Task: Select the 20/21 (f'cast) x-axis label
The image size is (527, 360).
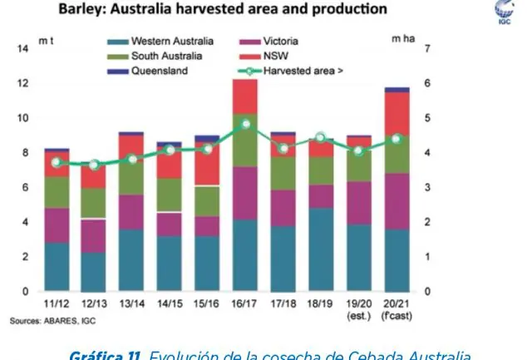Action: click(x=397, y=310)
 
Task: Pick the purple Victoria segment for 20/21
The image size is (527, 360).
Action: click(x=397, y=201)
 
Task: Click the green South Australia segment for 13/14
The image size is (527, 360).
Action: click(x=132, y=176)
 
